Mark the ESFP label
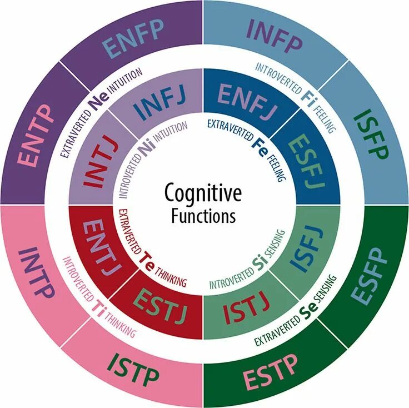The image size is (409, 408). [x=371, y=276]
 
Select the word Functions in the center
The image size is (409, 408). [x=203, y=216]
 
